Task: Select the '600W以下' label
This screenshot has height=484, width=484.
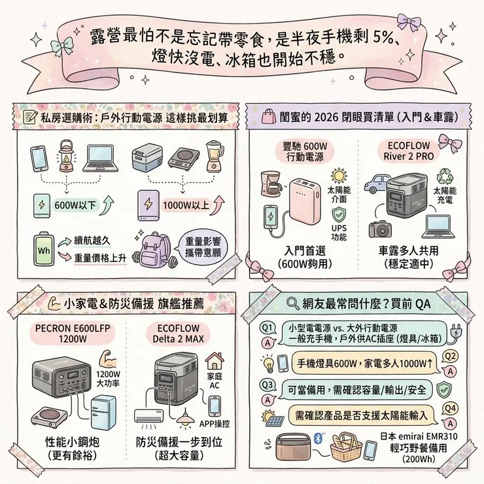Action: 75,204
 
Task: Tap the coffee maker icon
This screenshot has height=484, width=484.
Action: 271,184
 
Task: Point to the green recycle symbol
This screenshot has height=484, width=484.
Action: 445,175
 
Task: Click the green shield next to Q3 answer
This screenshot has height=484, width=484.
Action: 442,390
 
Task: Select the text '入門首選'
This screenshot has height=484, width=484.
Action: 305,251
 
